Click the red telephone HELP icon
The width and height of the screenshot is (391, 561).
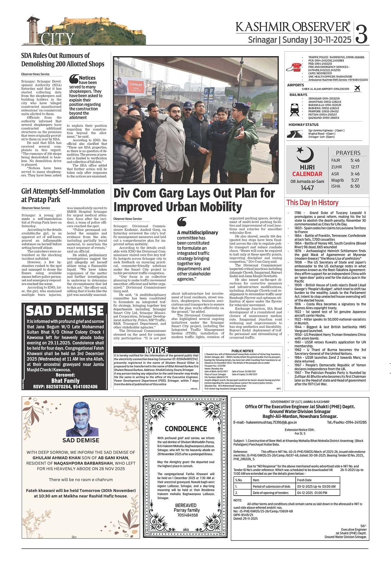coord(296,67)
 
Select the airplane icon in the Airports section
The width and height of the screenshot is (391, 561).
coord(357,88)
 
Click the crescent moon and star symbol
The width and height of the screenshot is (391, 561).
coord(305,155)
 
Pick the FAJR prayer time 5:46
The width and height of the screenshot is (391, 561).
coord(355,160)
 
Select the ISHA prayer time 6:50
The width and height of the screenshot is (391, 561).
coord(355,186)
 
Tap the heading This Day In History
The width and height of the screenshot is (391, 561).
coord(312,203)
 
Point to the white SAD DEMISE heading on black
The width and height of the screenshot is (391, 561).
coord(65,311)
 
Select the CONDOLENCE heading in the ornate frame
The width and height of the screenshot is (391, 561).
coord(186,429)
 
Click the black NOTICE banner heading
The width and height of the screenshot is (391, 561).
coord(156,350)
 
